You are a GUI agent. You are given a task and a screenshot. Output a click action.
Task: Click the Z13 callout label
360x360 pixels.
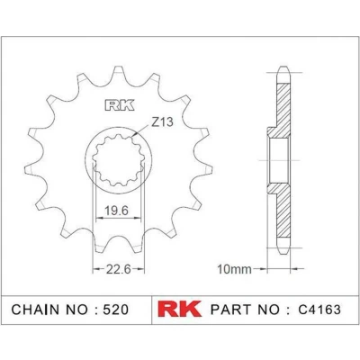pos(162,121)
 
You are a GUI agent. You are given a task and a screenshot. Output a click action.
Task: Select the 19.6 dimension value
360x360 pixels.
pos(117,211)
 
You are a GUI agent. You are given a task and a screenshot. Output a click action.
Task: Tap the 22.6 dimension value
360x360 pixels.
pos(118,269)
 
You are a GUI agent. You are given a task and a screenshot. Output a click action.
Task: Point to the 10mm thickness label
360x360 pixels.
pos(234,269)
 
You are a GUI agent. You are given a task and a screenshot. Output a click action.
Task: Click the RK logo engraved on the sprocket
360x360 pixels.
pos(120,105)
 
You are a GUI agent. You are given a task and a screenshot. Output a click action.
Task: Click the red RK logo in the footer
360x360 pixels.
pos(179,309)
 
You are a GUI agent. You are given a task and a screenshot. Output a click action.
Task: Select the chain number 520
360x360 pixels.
pos(116,310)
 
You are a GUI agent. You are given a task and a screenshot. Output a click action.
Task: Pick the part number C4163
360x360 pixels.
pos(319,310)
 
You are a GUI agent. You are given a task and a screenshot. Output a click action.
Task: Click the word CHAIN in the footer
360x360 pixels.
pos(35,310)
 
